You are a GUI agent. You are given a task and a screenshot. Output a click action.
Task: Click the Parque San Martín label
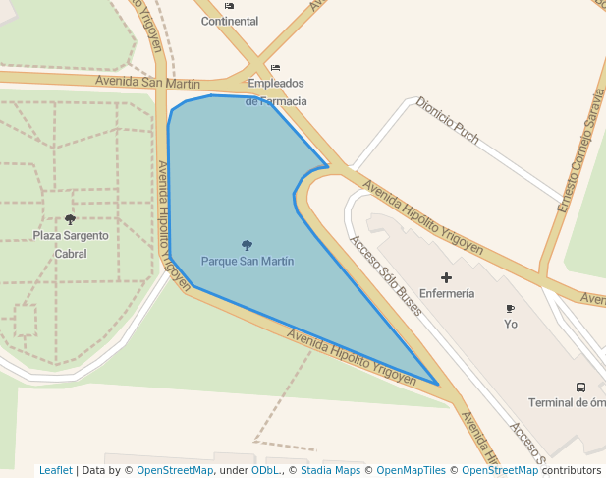point(248,262)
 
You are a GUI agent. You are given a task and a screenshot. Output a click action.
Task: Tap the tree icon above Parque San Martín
point(247,245)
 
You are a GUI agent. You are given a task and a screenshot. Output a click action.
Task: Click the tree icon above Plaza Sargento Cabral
point(70,219)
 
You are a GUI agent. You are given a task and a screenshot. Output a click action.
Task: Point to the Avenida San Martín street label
point(147,83)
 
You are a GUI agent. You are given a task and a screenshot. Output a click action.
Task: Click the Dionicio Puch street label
point(447,120)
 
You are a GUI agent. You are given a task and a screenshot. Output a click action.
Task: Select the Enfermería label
point(447,294)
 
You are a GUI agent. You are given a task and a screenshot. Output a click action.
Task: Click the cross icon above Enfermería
point(446,278)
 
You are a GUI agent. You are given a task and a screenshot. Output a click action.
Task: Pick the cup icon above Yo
point(510,309)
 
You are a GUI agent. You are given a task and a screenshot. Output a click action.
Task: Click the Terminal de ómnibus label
point(566,402)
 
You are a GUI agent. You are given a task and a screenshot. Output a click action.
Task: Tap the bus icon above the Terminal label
point(580,388)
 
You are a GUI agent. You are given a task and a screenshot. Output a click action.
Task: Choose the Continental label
point(230,21)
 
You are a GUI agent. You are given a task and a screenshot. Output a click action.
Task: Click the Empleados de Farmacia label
point(276,91)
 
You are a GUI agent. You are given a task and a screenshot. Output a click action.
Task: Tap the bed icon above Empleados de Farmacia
point(275,67)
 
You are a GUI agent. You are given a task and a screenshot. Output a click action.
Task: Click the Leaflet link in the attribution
point(56,470)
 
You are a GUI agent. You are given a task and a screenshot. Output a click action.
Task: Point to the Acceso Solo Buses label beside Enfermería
point(386,278)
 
